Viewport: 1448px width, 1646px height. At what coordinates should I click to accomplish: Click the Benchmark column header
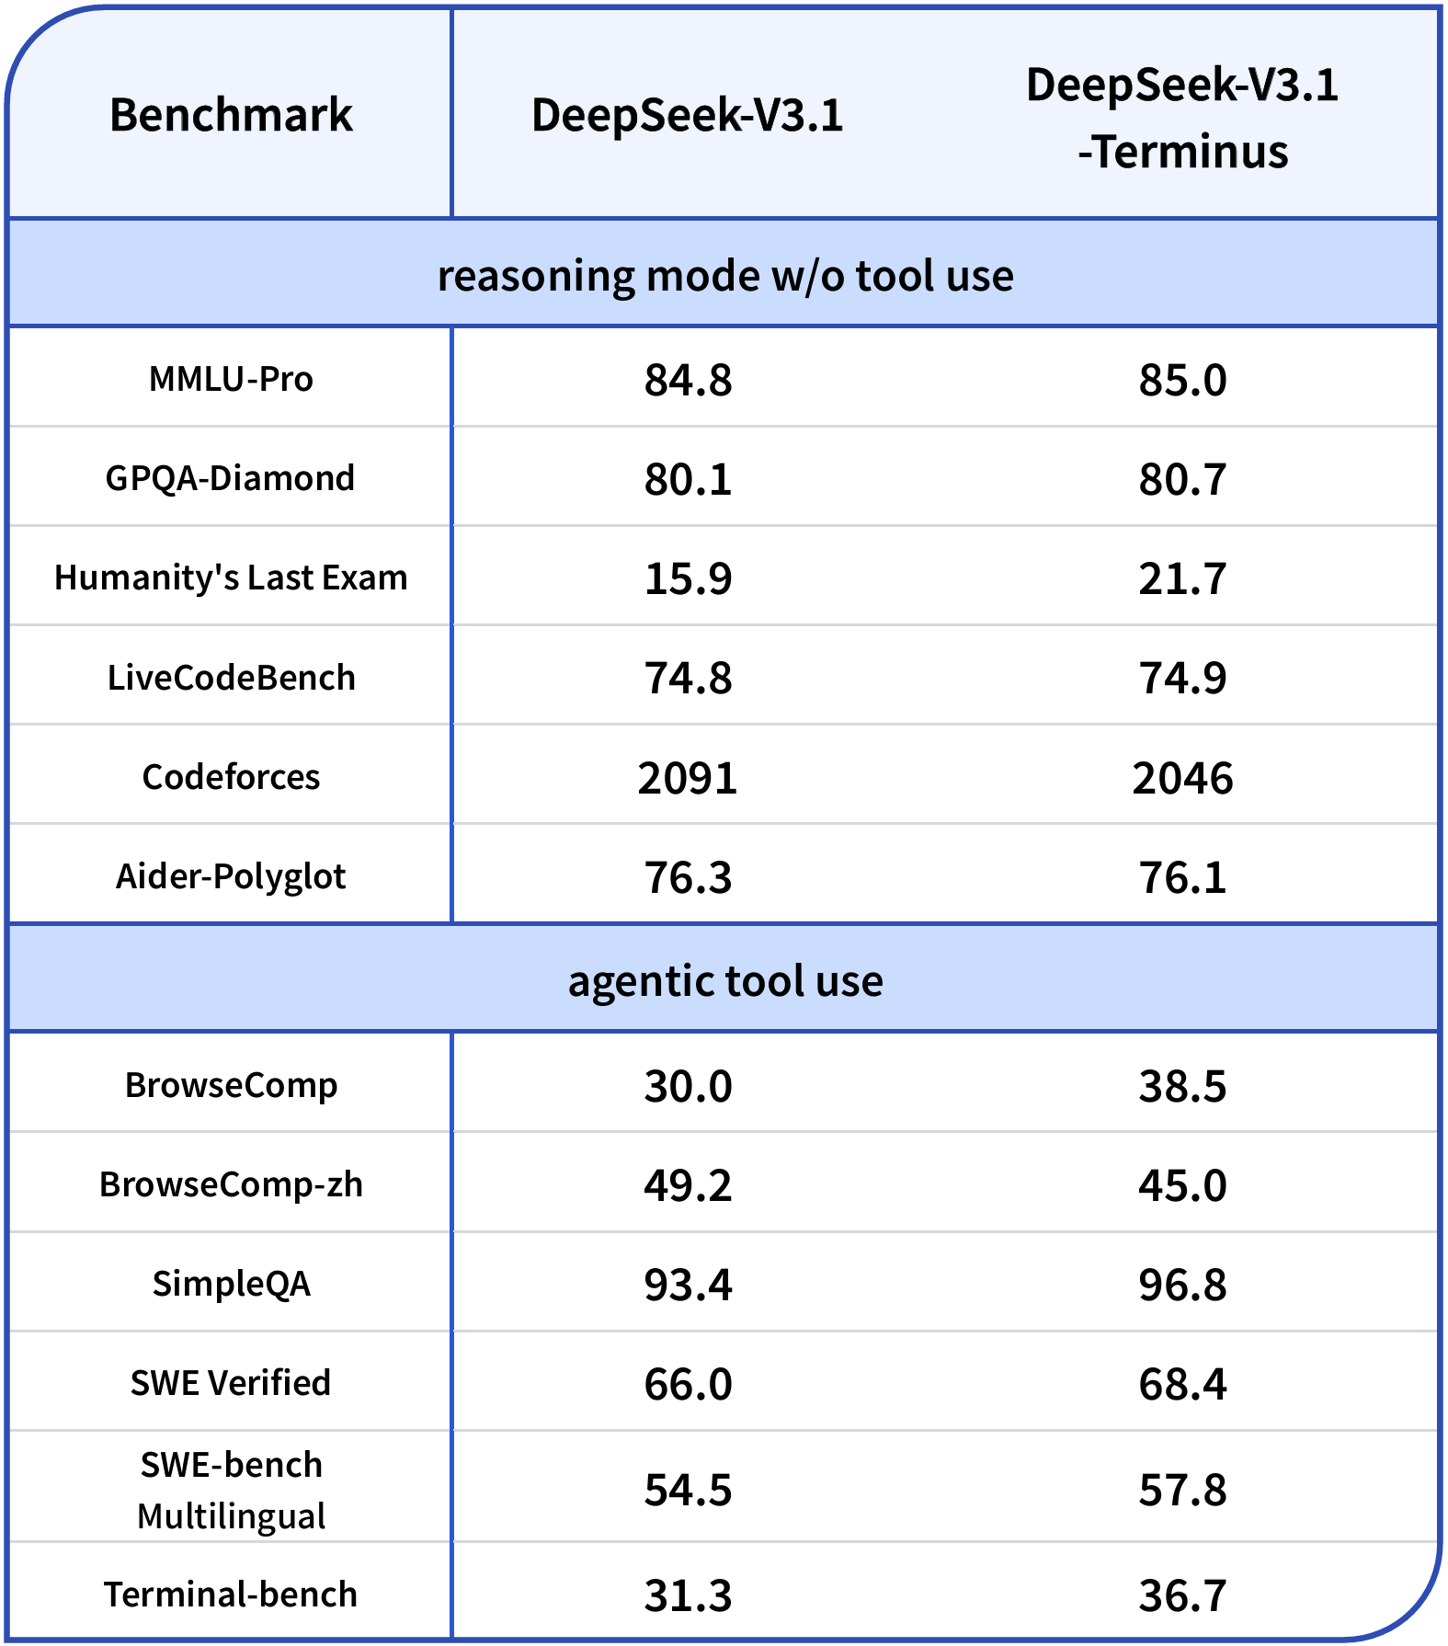(x=231, y=116)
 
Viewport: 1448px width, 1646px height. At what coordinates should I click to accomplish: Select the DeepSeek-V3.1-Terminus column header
(x=1182, y=118)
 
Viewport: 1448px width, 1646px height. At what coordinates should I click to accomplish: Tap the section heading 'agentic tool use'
(x=725, y=980)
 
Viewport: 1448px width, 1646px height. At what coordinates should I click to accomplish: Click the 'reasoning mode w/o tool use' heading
(x=725, y=275)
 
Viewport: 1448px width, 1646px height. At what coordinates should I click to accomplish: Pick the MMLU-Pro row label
(x=231, y=379)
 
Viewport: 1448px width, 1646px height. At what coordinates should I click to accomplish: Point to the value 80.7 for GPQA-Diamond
(x=1182, y=479)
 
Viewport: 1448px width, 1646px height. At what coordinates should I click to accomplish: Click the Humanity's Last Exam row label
(x=231, y=577)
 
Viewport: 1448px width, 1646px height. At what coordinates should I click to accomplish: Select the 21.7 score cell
(x=1182, y=578)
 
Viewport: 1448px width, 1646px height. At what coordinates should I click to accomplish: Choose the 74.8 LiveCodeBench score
(x=688, y=678)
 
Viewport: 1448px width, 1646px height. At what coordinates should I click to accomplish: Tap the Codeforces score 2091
(x=688, y=778)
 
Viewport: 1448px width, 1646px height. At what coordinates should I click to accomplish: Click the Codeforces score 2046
(x=1182, y=778)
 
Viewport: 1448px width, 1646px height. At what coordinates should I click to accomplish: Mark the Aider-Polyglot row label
(x=231, y=876)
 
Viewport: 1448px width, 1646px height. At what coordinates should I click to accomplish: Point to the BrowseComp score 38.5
(x=1182, y=1086)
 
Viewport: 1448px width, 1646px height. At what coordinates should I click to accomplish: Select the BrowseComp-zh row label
(x=231, y=1184)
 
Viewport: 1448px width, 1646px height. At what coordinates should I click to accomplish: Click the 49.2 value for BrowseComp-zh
(x=688, y=1185)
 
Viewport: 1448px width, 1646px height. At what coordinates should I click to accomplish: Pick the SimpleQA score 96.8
(x=1182, y=1285)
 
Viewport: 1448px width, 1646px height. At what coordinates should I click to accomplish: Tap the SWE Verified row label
(x=231, y=1383)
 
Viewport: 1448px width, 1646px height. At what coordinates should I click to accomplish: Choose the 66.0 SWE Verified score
(x=688, y=1384)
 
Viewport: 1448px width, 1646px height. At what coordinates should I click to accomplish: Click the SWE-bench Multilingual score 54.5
(x=688, y=1490)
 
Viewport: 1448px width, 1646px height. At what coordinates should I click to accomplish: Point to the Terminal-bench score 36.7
(x=1182, y=1595)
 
